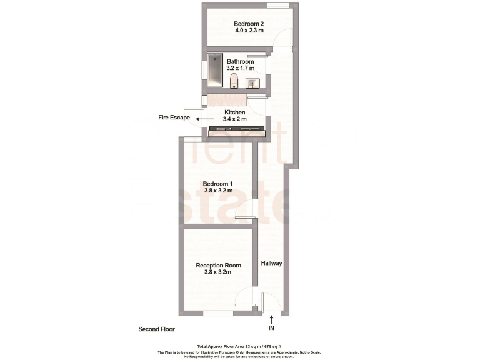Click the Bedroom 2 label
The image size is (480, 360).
point(240,24)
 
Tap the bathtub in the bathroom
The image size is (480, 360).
point(216,70)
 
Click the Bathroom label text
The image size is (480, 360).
point(240,61)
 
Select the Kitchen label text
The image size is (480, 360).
point(235,112)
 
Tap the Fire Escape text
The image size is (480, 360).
point(174,117)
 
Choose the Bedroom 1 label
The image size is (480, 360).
point(217,183)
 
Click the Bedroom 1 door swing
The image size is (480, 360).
point(244,213)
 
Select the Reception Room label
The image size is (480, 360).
point(218,265)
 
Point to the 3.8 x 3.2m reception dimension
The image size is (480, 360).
point(218,272)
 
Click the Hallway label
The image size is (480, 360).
point(272,263)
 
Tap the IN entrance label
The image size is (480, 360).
point(271,328)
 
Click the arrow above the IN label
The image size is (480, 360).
point(271,319)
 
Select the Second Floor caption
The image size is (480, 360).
point(156,329)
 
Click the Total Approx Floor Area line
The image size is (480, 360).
point(239,346)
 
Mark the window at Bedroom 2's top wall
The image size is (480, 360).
point(278,6)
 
